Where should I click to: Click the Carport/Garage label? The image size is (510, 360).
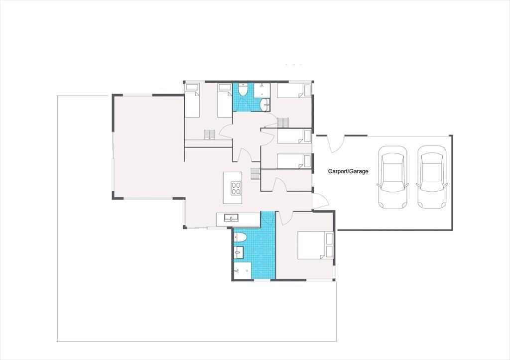click(x=348, y=171)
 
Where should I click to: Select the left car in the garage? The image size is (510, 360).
click(x=392, y=177)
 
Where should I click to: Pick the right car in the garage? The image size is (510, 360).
click(x=432, y=177)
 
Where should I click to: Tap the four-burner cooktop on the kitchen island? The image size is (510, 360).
click(x=236, y=188)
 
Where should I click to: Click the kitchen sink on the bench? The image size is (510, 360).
click(x=231, y=217)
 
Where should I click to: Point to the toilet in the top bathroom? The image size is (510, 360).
click(x=243, y=90)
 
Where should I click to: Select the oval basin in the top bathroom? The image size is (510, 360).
click(x=265, y=105)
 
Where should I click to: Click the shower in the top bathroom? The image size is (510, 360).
click(x=262, y=90)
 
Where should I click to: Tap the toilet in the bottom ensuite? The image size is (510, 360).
click(x=240, y=238)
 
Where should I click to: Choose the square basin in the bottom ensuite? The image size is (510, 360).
click(x=239, y=252)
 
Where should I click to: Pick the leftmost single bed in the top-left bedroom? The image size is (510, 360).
click(x=192, y=101)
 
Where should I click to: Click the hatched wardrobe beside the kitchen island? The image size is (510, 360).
click(x=255, y=174)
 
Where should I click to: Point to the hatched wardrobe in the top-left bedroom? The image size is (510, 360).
click(x=210, y=134)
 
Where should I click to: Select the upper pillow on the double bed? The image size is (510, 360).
click(x=329, y=239)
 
